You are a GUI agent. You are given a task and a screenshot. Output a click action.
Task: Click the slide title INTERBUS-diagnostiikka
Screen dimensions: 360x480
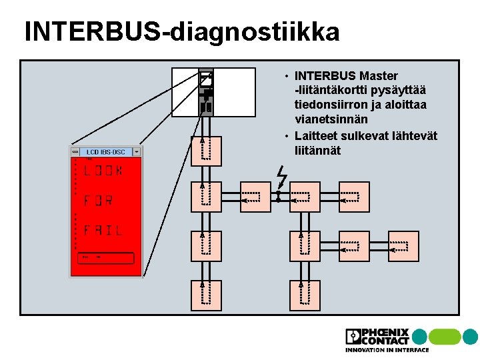point(181,32)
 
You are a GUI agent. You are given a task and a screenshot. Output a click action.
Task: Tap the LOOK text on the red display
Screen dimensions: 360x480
point(103,171)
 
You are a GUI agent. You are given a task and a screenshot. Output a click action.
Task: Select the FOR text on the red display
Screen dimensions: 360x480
point(98,200)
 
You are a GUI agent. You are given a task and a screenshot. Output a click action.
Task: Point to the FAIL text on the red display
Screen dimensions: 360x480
point(103,230)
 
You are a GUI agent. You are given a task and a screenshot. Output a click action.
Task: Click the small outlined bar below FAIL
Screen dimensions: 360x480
point(105,258)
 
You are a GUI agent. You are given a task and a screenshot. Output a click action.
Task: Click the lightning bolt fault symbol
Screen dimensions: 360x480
point(281,177)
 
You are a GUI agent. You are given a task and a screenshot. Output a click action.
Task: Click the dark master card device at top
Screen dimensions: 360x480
point(206,93)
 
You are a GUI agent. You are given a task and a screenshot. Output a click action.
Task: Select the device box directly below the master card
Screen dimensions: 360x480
point(206,151)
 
